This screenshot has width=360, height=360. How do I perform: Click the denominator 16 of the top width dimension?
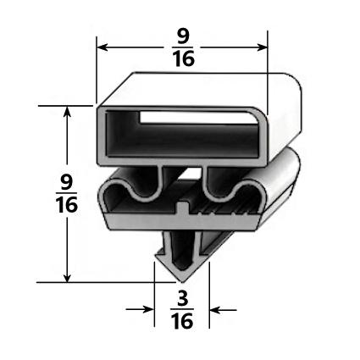pyautogui.click(x=183, y=60)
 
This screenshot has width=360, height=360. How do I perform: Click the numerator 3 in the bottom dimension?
pyautogui.click(x=182, y=297)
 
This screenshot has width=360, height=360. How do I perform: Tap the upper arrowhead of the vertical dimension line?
pyautogui.click(x=68, y=112)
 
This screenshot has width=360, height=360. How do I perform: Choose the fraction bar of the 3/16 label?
pyautogui.click(x=182, y=309)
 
